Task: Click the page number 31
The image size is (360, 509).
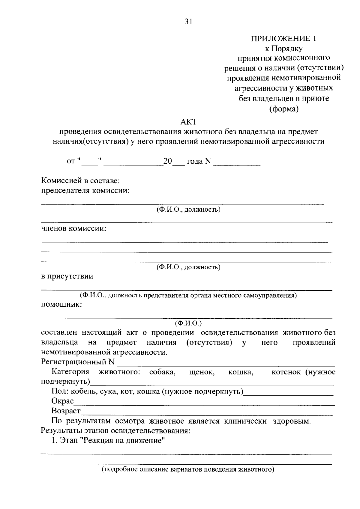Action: point(188,22)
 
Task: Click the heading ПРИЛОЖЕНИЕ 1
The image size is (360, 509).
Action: point(283,38)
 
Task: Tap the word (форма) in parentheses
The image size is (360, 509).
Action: point(284,109)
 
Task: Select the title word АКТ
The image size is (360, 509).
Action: point(188,122)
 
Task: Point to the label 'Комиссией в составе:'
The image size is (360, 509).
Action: point(81,181)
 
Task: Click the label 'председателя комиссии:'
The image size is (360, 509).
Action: point(85,191)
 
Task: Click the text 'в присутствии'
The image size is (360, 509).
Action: point(67,276)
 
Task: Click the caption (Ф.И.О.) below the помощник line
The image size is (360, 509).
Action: point(188,323)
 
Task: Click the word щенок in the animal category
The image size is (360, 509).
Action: point(202,372)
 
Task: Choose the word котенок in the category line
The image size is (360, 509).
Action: point(286,372)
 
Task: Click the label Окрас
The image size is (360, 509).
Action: point(63,401)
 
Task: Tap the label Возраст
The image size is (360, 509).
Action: point(66,411)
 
